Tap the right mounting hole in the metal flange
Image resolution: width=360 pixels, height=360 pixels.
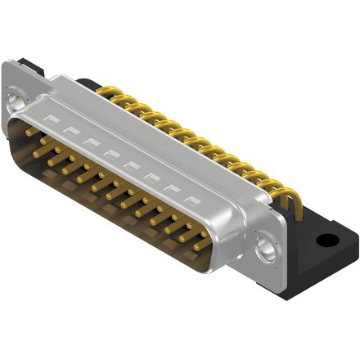coord(265,245)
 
